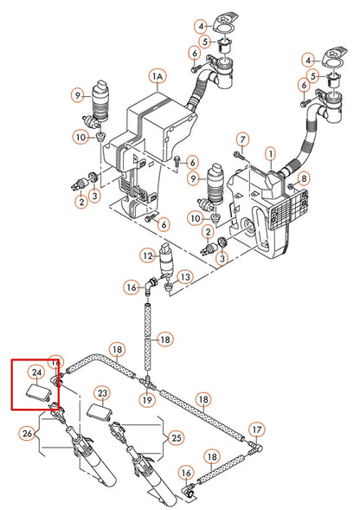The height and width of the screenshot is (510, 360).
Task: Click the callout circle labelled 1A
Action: [x=157, y=76]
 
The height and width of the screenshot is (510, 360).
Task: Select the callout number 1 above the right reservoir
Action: [x=270, y=153]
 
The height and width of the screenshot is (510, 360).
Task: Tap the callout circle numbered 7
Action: [x=242, y=140]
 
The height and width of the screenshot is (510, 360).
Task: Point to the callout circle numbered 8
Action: [x=304, y=178]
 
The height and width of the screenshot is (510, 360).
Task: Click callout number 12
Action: [x=148, y=255]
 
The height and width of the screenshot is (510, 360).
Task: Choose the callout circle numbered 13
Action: [x=185, y=277]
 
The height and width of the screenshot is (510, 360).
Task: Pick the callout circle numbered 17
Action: [x=257, y=430]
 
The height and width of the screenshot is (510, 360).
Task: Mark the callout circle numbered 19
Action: [x=147, y=400]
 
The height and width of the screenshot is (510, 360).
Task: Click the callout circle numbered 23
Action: [x=102, y=394]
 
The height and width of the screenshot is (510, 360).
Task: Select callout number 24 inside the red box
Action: [x=36, y=372]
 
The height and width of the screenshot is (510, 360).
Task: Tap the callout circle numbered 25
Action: [x=177, y=438]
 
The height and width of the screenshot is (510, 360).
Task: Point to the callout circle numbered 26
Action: [x=28, y=433]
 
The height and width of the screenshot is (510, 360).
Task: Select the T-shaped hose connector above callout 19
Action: [x=148, y=381]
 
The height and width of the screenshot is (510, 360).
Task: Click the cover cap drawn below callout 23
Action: [x=100, y=412]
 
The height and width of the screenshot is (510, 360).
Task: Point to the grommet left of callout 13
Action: [x=169, y=287]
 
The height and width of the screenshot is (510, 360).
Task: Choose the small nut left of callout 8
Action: [x=291, y=186]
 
